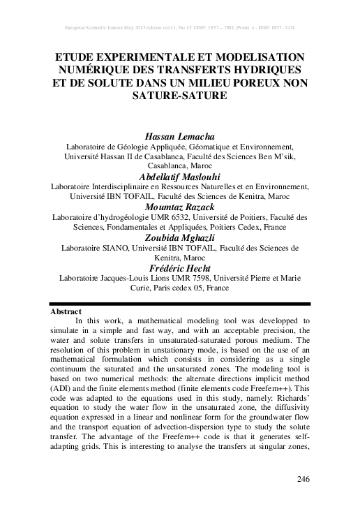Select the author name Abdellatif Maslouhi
click(180, 177)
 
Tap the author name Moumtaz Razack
click(180, 207)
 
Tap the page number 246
click(299, 478)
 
